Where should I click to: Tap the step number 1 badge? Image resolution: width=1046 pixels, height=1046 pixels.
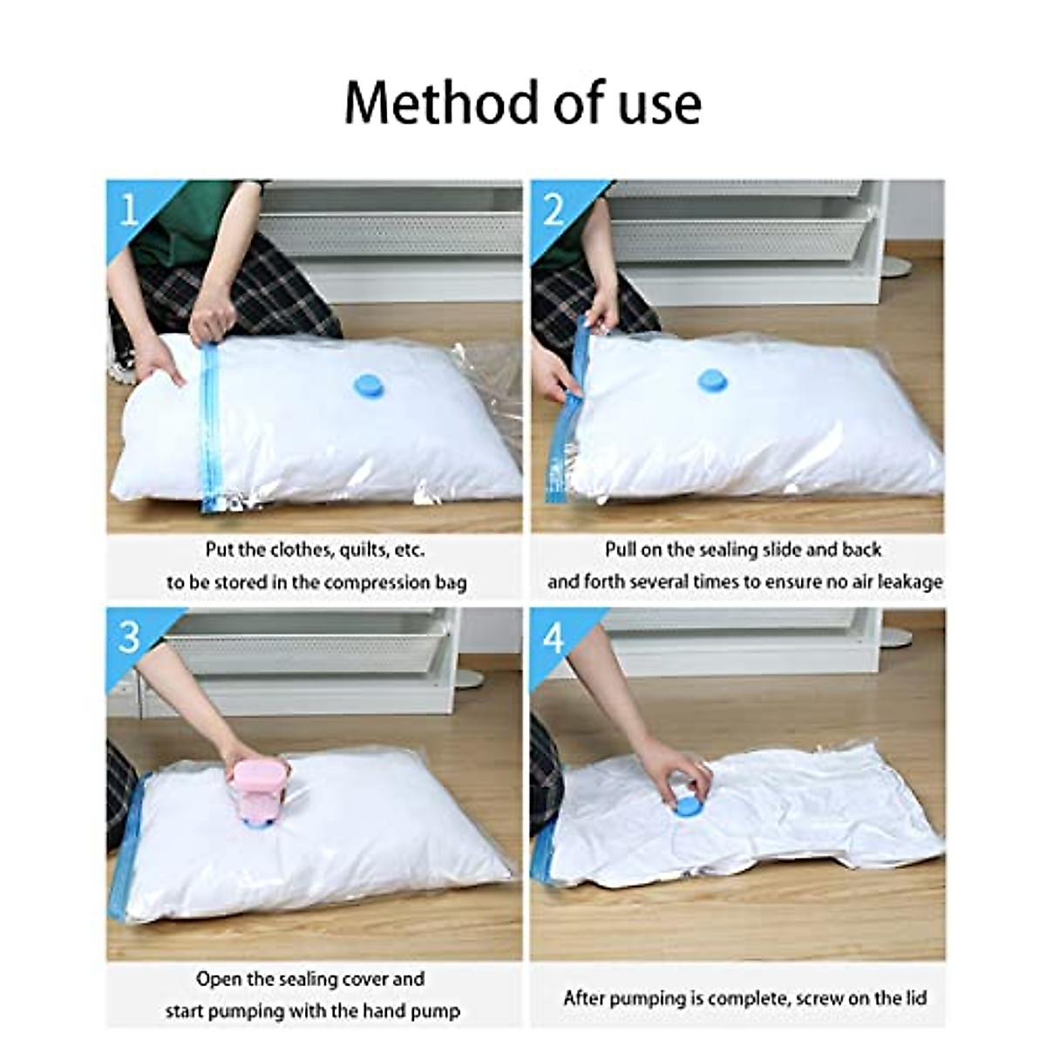tap(129, 209)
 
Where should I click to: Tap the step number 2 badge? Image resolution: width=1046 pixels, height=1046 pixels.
tap(554, 209)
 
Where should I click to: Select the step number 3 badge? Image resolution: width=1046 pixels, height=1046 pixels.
tap(129, 637)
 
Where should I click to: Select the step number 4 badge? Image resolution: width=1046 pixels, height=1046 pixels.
tap(554, 639)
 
